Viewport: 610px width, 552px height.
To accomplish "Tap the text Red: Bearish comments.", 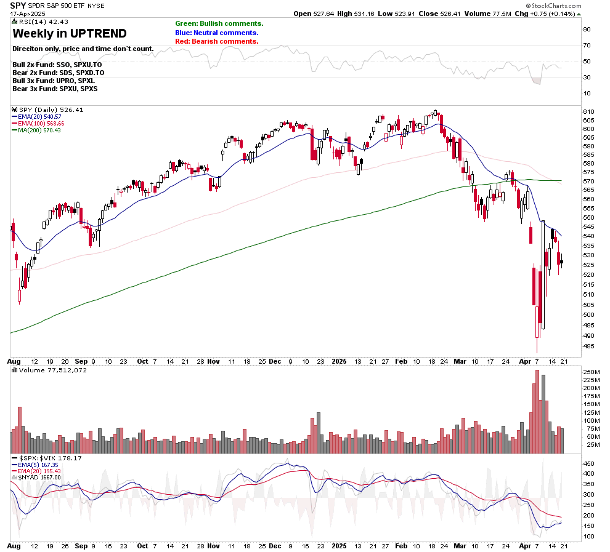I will (216, 41).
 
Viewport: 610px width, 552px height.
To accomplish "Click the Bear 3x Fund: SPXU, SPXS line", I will (55, 89).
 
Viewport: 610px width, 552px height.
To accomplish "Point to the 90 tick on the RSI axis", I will (587, 29).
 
